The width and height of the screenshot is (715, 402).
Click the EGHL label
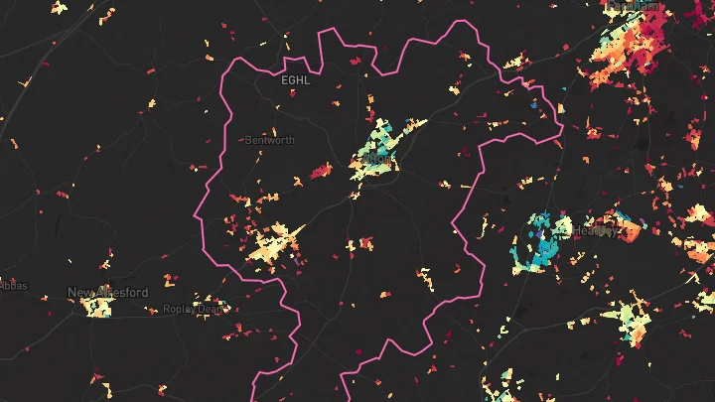click(295, 80)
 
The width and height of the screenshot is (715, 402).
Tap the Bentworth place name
click(269, 140)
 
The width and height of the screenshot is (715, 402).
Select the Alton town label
click(380, 157)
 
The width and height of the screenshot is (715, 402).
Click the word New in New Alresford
click(80, 293)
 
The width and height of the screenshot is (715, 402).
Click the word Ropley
click(180, 309)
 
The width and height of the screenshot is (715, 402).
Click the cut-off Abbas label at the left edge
click(14, 287)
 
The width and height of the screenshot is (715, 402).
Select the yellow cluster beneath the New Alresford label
click(98, 307)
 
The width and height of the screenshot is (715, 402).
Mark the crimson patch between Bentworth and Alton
click(320, 172)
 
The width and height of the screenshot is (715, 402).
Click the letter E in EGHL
click(285, 80)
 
